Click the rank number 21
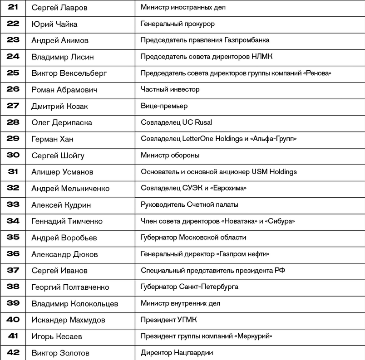(13, 7)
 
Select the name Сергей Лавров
(59, 8)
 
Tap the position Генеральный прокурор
(178, 24)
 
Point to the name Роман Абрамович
(64, 90)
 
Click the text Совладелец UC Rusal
(176, 122)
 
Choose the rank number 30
(13, 155)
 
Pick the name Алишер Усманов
(62, 172)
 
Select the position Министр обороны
(170, 156)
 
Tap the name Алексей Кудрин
(61, 205)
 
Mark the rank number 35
(13, 237)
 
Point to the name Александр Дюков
(64, 254)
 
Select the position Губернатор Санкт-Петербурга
(189, 287)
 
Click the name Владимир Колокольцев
(74, 303)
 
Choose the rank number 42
(13, 352)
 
